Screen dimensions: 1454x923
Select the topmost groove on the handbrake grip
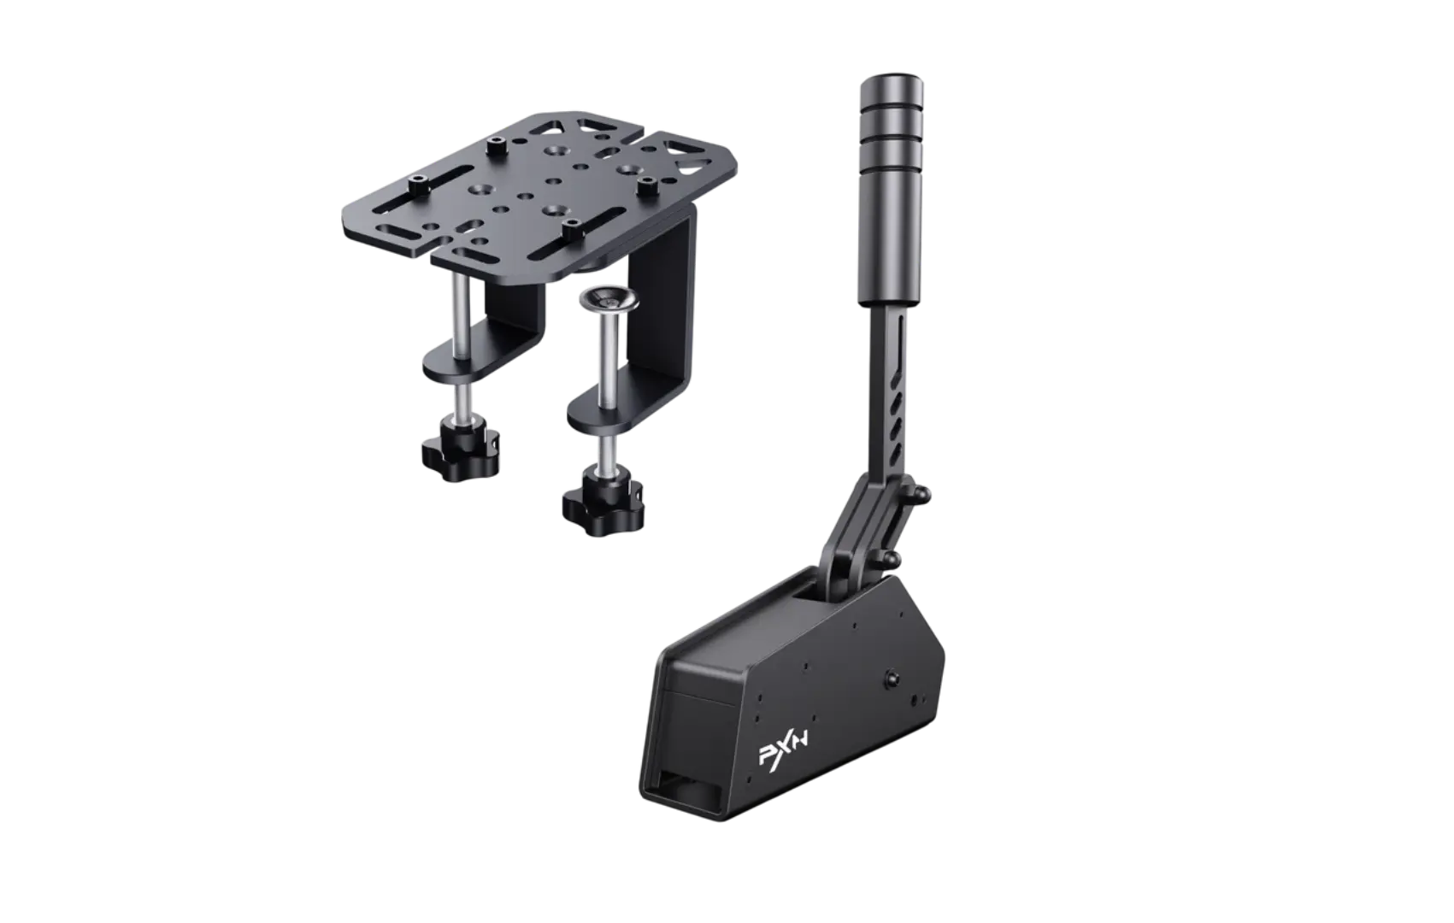point(892,103)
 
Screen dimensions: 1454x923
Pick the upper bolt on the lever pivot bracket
point(921,496)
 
